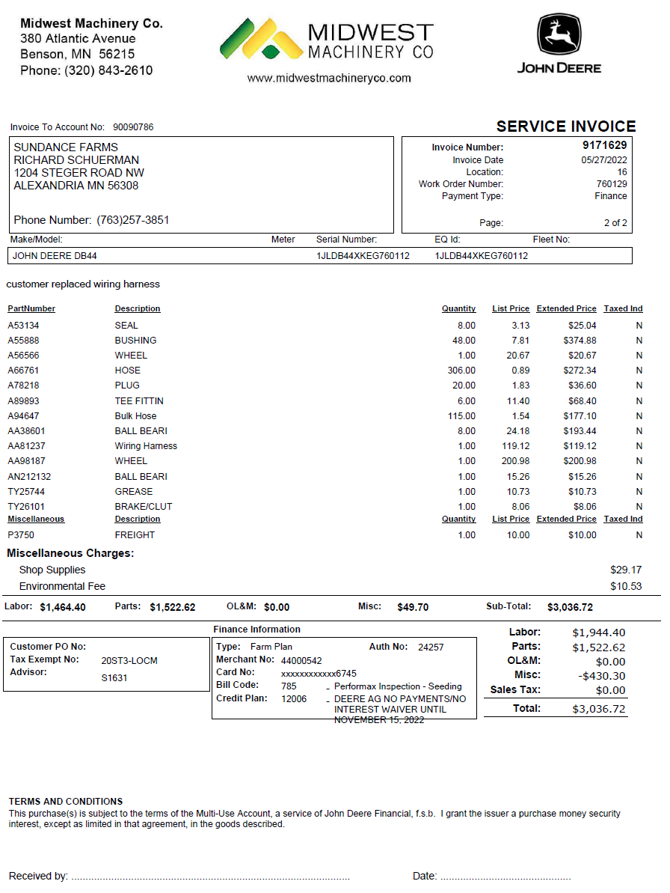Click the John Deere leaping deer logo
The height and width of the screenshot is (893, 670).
(559, 35)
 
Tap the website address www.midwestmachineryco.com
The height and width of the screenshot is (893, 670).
(329, 78)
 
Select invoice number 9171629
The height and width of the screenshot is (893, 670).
(605, 145)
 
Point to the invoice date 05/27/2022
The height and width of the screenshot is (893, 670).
(604, 160)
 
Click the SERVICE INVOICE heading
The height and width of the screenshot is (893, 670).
(566, 127)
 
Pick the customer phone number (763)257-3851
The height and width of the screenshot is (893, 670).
(133, 220)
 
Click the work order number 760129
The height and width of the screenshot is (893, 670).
(611, 184)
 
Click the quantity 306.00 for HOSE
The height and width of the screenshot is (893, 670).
(461, 371)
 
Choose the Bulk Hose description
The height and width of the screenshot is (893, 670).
(136, 416)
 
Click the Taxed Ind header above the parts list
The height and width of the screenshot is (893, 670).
(623, 308)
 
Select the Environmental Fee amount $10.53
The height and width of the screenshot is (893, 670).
(626, 586)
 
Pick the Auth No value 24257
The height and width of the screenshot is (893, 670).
(431, 647)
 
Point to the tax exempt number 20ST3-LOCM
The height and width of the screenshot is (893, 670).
(129, 661)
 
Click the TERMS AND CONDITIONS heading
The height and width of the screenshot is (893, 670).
(66, 801)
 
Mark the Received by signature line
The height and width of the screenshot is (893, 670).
(210, 877)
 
